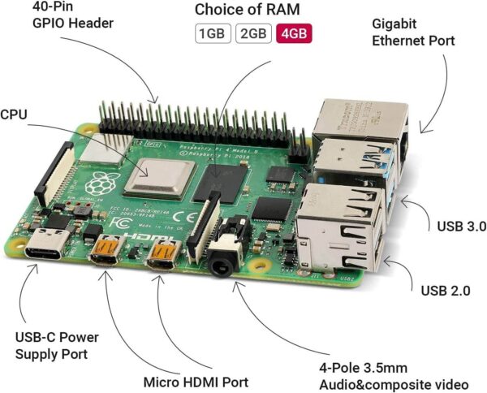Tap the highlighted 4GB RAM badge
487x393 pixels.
293,35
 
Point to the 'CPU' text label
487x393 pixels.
14,115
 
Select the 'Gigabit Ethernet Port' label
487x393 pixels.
412,31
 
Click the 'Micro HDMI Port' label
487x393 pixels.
194,381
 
